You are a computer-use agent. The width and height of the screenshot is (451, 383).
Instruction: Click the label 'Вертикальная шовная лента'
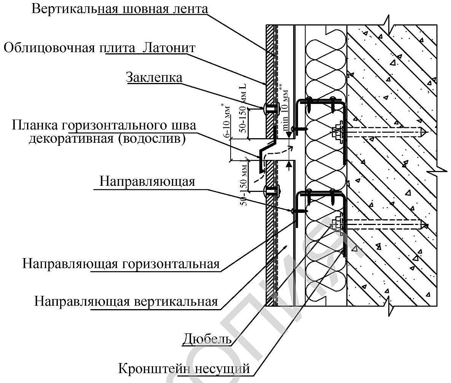[x=120, y=8]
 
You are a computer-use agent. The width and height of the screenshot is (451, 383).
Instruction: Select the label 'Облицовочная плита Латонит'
[x=99, y=48]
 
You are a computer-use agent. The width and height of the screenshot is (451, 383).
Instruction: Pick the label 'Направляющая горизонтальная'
[x=121, y=264]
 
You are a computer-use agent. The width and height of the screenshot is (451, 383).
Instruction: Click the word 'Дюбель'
[x=207, y=339]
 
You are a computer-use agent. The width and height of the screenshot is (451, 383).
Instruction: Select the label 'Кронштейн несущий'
[x=184, y=369]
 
